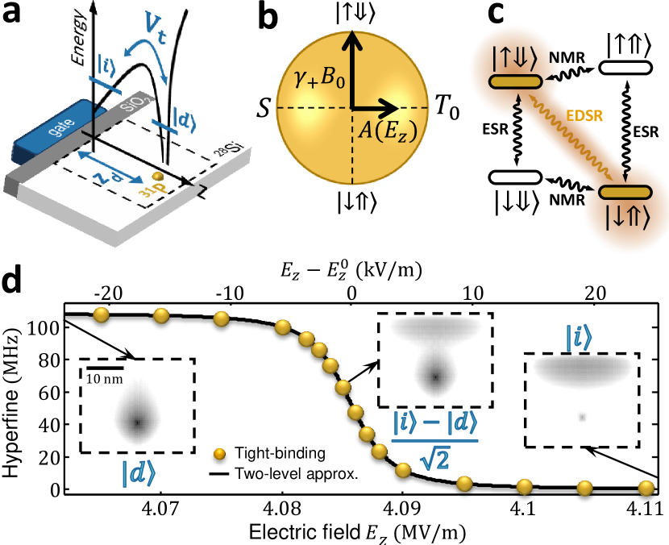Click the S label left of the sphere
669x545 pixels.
263,106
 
